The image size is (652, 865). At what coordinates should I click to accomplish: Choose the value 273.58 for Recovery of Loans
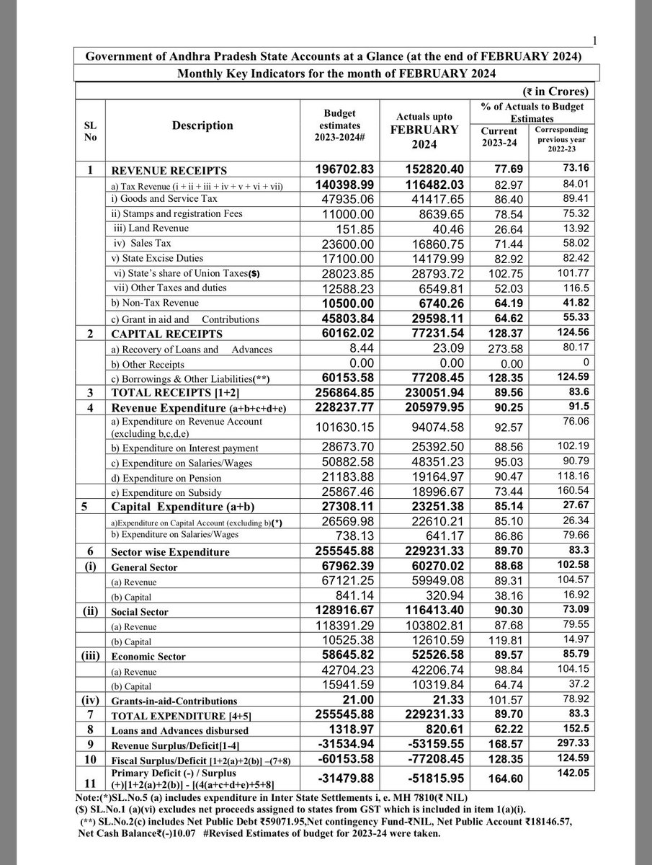coord(502,350)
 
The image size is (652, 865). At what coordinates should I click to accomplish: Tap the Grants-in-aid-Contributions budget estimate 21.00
coord(349,698)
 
